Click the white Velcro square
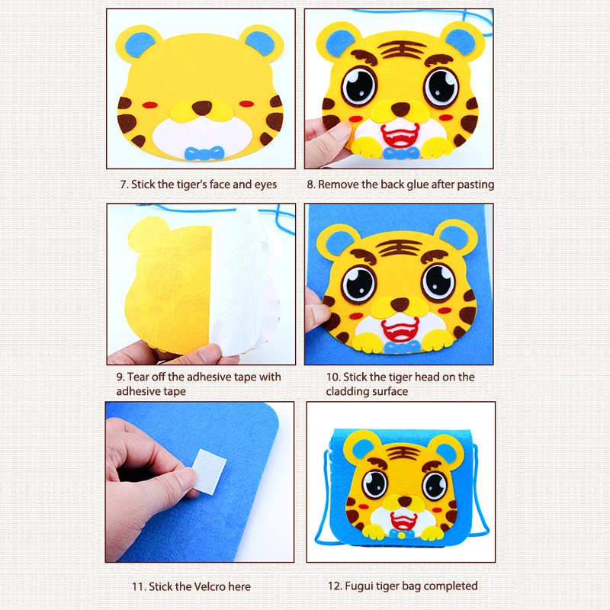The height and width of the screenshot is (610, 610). (210, 471)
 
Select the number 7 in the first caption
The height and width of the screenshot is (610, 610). (124, 185)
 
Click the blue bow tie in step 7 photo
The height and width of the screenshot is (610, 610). (204, 153)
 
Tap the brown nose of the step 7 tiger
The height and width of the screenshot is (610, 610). (202, 108)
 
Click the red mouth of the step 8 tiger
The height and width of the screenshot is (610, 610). (400, 136)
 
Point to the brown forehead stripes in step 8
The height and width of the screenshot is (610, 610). (402, 50)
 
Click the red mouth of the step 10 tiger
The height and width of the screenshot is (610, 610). (400, 329)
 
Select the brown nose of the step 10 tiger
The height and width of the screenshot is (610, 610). (400, 303)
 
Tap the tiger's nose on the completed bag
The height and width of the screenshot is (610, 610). (405, 501)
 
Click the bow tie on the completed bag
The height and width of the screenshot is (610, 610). (402, 534)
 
